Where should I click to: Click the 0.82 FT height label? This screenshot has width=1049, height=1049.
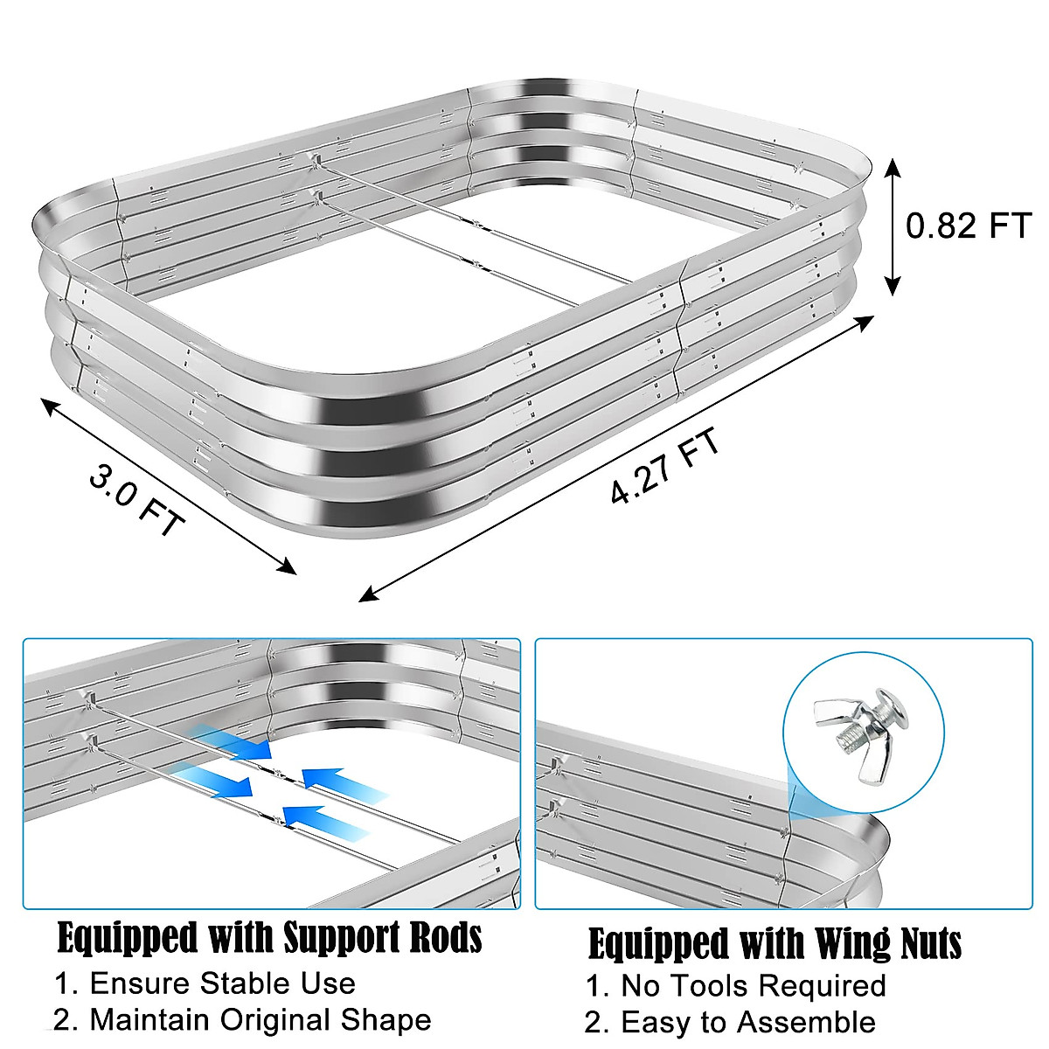tap(969, 226)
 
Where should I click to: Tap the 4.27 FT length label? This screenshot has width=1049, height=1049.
tap(666, 466)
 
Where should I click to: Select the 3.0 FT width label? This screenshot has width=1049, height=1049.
tap(137, 499)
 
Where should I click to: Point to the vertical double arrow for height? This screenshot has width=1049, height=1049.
tap(893, 226)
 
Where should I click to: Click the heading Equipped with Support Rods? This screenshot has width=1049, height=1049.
tap(269, 938)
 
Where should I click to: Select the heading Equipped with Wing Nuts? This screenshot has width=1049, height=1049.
tap(775, 944)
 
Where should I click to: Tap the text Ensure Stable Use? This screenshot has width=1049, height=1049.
tap(205, 983)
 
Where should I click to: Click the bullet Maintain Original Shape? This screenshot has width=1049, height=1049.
tap(242, 1020)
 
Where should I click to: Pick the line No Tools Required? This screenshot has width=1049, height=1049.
tap(735, 986)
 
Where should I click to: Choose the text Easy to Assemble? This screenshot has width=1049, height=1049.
tap(730, 1022)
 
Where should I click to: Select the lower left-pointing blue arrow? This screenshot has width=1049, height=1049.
tap(325, 817)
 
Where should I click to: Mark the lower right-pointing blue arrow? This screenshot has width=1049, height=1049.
tap(214, 781)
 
